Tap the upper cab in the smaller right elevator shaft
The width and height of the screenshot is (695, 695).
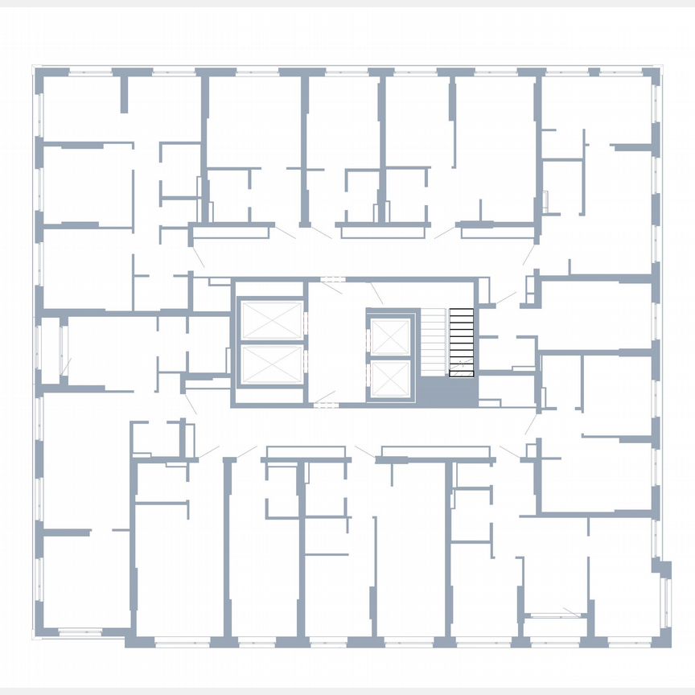tap(390, 336)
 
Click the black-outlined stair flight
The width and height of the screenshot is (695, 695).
tap(461, 342)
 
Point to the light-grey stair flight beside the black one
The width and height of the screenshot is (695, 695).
tap(434, 342)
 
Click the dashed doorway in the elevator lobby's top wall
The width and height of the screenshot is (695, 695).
tap(331, 279)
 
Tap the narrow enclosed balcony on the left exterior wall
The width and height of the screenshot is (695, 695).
tap(50, 351)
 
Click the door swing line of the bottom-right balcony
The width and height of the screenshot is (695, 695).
tap(572, 612)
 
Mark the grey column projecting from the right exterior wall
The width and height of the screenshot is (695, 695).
tap(661, 567)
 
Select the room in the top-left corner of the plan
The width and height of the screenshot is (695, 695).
tap(80, 109)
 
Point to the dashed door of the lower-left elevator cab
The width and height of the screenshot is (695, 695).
tap(306, 364)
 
